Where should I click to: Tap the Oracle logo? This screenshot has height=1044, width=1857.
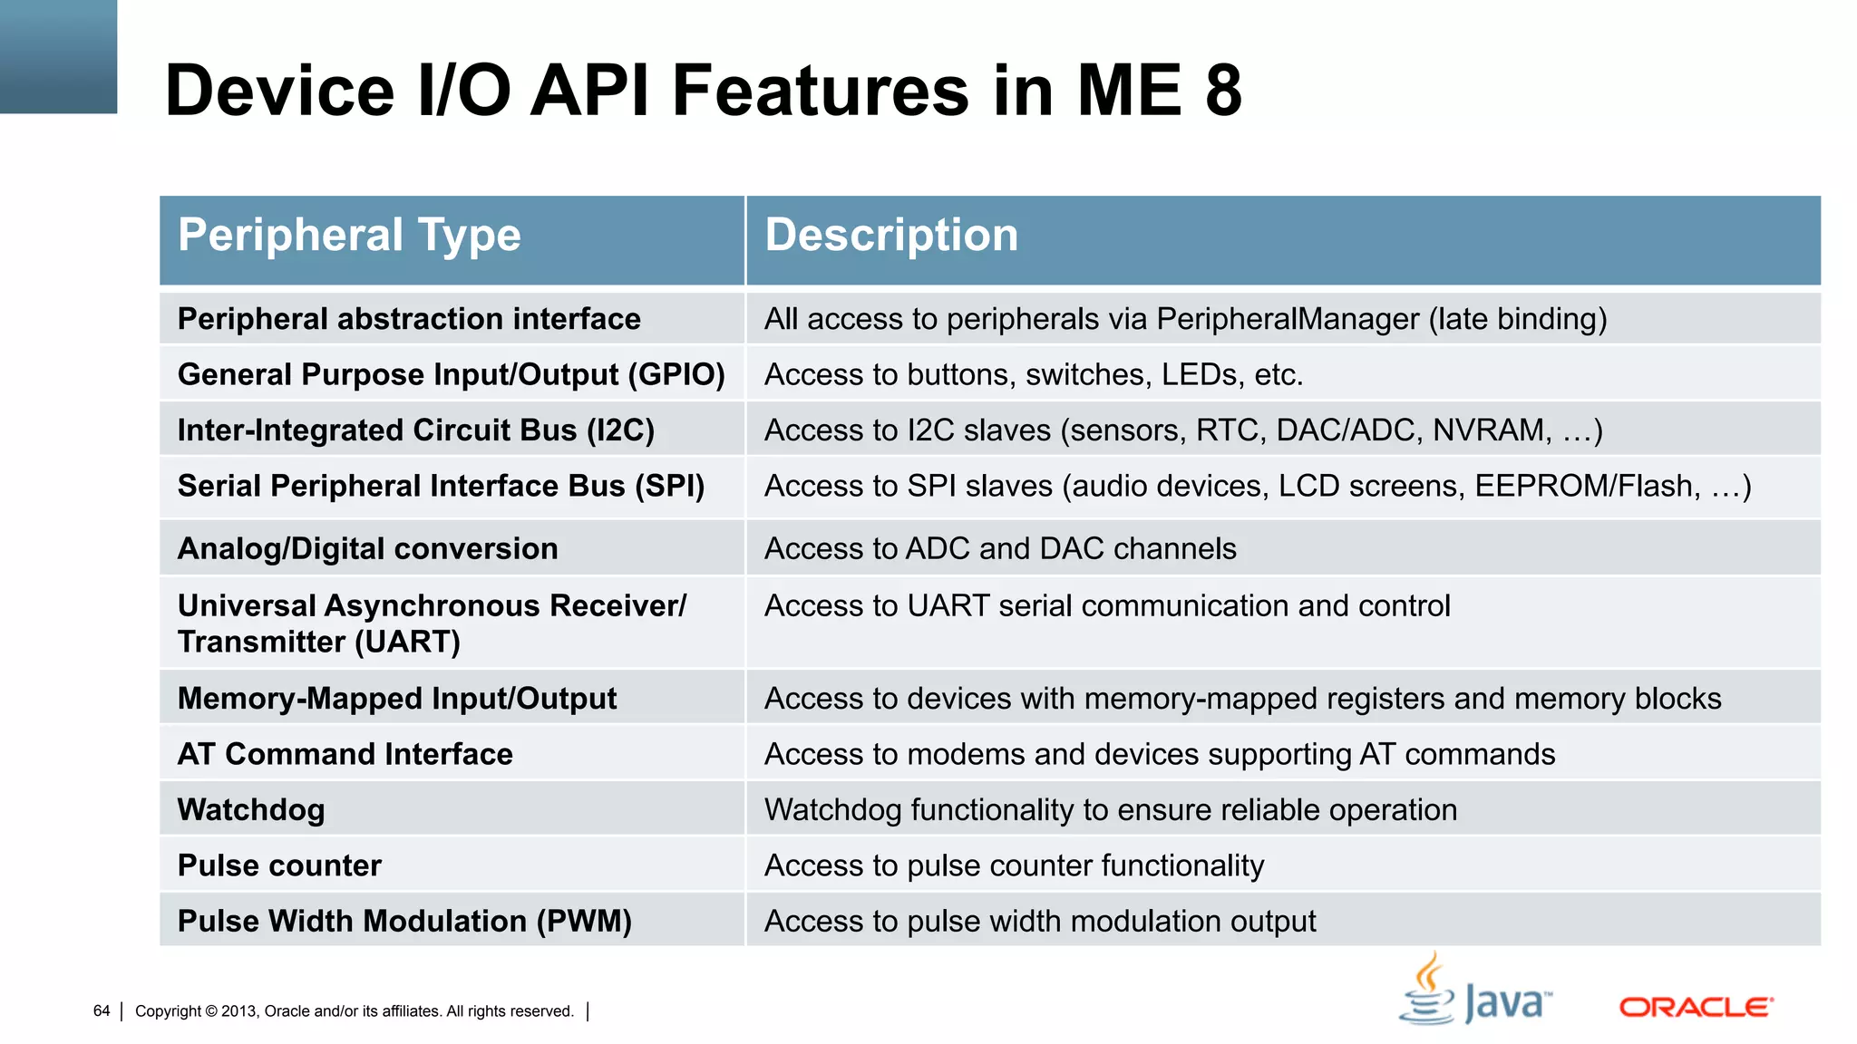[x=1696, y=1007]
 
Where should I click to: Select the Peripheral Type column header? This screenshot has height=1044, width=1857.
[x=349, y=236]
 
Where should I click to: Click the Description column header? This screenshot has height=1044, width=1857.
[x=890, y=236]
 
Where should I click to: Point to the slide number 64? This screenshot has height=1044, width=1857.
[x=102, y=1010]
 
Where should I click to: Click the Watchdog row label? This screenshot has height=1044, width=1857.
[x=251, y=809]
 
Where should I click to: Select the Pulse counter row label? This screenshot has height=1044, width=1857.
[x=279, y=865]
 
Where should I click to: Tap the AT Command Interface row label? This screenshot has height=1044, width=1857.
[x=345, y=754]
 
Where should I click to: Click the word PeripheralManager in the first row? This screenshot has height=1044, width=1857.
[x=1288, y=319]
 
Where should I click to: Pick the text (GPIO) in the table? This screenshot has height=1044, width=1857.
[x=676, y=374]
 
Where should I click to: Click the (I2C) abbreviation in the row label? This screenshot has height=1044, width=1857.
[x=620, y=430]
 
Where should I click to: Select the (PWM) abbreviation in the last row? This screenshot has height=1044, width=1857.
[x=583, y=922]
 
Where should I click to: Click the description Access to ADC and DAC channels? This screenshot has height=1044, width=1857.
[x=999, y=549]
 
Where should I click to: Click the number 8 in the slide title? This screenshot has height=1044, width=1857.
[x=1223, y=91]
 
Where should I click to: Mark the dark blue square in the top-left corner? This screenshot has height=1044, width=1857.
[x=58, y=56]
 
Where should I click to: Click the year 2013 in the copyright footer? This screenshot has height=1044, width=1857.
[x=238, y=1011]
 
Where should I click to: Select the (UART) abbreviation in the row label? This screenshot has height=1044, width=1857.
[x=407, y=643]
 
